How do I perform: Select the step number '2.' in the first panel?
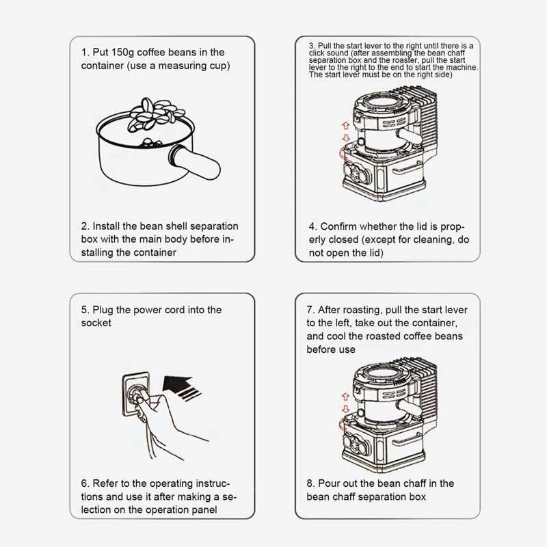(x=85, y=226)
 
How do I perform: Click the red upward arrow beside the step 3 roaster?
(x=346, y=126)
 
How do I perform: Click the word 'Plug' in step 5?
(x=103, y=310)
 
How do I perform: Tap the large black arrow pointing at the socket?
(x=181, y=388)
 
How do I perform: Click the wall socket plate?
(x=135, y=395)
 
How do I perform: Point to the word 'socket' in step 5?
(x=96, y=323)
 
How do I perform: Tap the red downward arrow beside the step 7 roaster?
(x=346, y=408)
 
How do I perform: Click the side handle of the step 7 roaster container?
(x=408, y=406)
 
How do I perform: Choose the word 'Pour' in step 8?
(x=329, y=483)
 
